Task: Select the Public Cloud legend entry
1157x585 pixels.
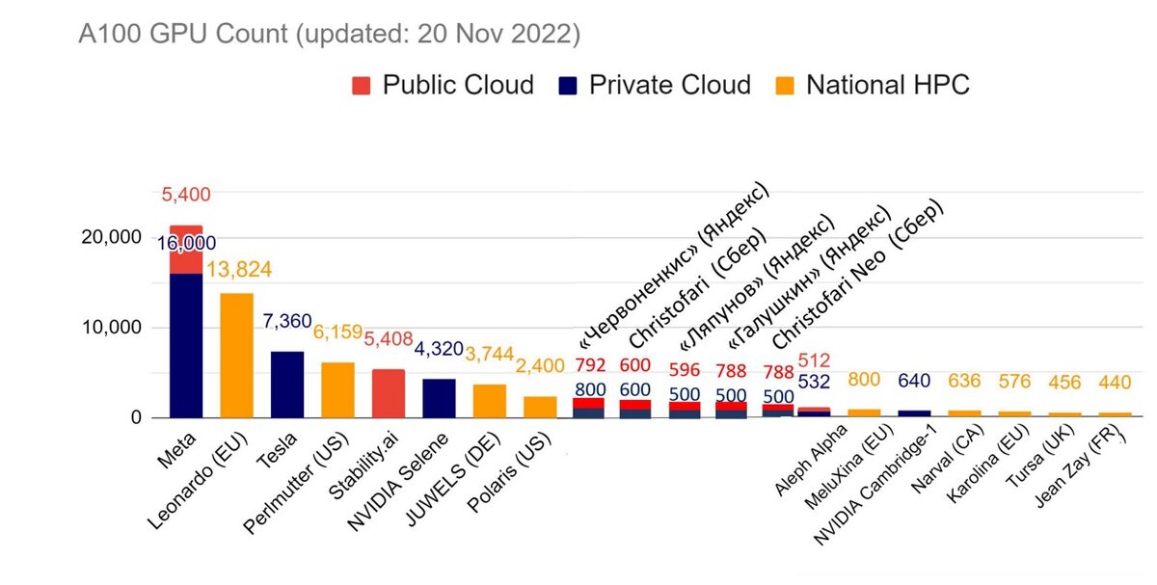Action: coord(443,85)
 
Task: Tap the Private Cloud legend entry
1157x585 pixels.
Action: coord(656,85)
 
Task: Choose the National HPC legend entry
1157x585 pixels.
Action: coord(873,85)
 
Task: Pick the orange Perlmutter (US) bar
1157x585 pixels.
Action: coord(337,389)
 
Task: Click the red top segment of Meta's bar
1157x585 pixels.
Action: coord(186,250)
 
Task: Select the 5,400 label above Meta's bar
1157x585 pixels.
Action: coord(184,195)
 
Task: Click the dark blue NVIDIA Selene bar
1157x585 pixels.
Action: coord(439,398)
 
